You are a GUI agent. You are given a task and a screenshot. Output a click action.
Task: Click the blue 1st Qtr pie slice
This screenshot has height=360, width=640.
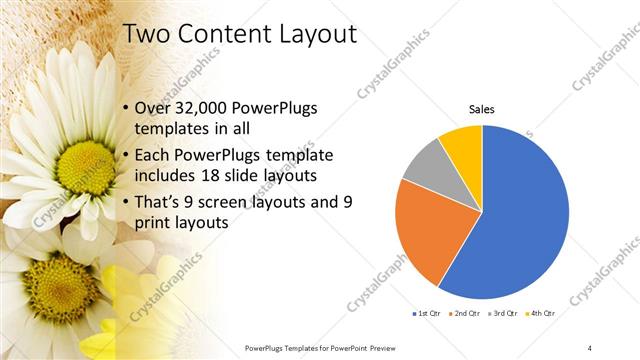coord(520,220)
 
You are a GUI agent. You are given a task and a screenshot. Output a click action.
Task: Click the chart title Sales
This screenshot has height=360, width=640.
coord(482,109)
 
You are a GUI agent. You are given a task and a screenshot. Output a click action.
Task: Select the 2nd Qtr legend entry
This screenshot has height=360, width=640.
coord(464,314)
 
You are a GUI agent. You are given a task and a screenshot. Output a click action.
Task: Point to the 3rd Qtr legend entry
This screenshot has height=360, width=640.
coord(503,314)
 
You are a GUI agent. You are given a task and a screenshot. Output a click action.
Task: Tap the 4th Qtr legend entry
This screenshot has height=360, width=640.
coord(541,314)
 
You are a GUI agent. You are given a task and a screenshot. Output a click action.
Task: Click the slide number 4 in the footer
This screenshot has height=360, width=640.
coord(590,347)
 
